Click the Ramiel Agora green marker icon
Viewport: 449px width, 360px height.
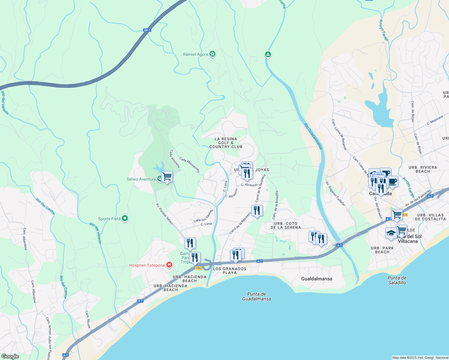click(x=212, y=54)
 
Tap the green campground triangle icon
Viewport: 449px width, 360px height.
click(x=268, y=55)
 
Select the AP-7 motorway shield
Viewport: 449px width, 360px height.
click(x=147, y=30)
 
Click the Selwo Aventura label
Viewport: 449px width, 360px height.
click(x=141, y=179)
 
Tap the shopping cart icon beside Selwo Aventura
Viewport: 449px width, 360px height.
click(x=167, y=177)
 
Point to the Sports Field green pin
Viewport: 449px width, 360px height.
click(x=125, y=218)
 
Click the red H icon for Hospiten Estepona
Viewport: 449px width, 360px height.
click(x=169, y=265)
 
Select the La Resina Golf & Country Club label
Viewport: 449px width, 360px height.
click(x=226, y=143)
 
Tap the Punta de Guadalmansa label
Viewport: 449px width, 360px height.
click(x=257, y=296)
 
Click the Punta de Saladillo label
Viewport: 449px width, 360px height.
click(x=397, y=280)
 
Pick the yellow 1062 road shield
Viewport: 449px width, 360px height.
click(x=198, y=268)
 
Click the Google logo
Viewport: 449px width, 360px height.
click(x=10, y=356)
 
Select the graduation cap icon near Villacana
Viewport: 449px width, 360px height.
click(x=391, y=233)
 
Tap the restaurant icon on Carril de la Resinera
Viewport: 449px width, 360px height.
click(x=257, y=211)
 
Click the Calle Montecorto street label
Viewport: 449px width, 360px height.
click(x=189, y=165)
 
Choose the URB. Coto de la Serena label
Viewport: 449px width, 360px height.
click(x=285, y=225)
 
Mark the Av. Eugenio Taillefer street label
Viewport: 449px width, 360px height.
click(x=336, y=194)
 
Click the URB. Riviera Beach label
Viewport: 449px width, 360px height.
click(x=423, y=169)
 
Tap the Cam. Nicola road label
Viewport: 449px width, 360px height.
click(x=88, y=319)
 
